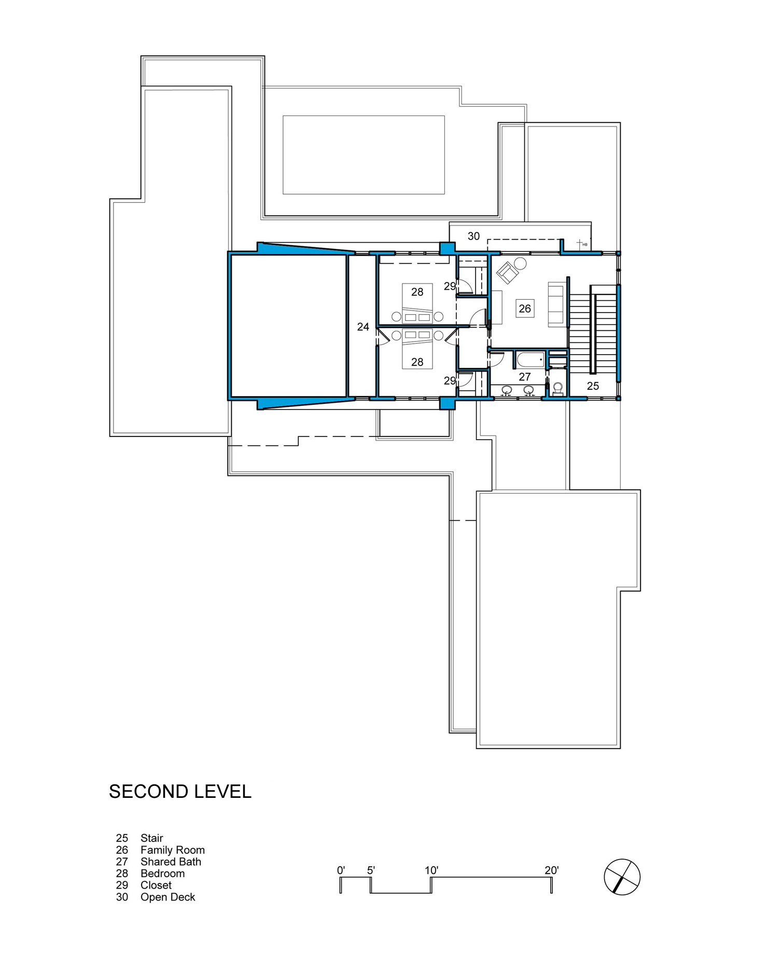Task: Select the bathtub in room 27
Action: click(530, 359)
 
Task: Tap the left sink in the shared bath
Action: click(507, 390)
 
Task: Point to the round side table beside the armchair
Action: click(521, 263)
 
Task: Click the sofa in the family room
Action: click(557, 304)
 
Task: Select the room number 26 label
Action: click(525, 309)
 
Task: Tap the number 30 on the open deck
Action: click(473, 236)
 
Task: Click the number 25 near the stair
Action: click(593, 386)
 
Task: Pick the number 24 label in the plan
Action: click(363, 327)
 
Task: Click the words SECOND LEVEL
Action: click(180, 792)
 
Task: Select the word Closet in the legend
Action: click(156, 885)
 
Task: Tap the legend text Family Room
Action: click(173, 850)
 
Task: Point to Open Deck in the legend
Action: click(168, 897)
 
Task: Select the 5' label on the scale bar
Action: click(371, 870)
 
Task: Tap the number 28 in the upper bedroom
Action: click(417, 292)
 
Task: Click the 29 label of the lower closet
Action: click(450, 381)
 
